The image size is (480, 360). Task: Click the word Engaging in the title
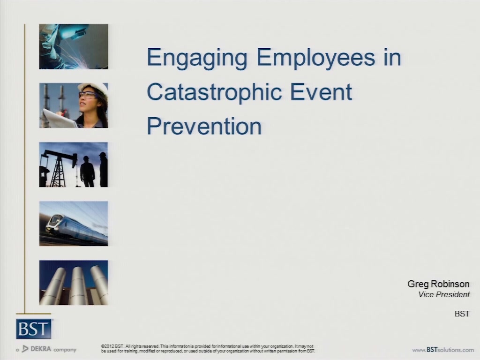point(197,58)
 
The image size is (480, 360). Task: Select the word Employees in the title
point(316,58)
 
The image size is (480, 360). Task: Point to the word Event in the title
point(321,92)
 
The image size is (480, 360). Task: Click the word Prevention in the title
point(204,126)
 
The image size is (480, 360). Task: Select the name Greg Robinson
point(438,284)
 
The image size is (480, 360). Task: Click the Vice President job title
point(444,294)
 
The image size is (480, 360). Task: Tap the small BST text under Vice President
point(462,314)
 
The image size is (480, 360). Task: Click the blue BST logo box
point(34,329)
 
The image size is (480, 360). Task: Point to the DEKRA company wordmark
point(46,349)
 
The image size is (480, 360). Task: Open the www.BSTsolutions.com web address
point(443,350)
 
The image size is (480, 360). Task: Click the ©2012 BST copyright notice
point(208,349)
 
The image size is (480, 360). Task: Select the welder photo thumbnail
point(74,46)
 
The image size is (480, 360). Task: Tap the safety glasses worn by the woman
point(88,95)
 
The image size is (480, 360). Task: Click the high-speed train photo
point(74,224)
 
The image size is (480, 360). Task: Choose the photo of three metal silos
point(74,283)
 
